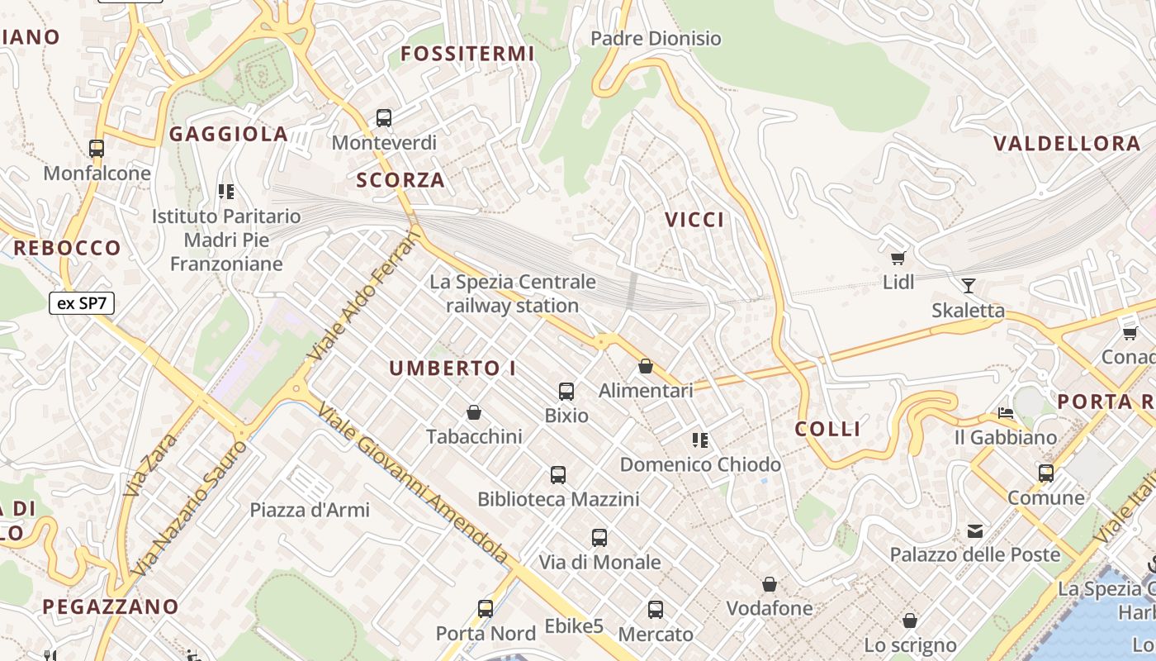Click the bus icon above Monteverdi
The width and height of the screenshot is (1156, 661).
[x=384, y=117]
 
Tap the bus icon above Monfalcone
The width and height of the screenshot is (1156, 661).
[x=97, y=149]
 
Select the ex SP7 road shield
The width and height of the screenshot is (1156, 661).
[x=81, y=303]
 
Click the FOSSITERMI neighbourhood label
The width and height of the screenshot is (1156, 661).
[x=467, y=55]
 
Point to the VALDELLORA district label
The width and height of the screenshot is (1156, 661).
[x=1067, y=144]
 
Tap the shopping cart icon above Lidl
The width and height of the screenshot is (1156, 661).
[x=898, y=258]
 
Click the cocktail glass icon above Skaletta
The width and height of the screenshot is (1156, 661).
[x=969, y=286]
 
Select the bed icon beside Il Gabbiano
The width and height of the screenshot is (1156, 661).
[x=1006, y=413]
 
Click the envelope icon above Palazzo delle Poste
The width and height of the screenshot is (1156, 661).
[x=975, y=530]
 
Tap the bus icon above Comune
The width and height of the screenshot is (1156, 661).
[x=1046, y=473]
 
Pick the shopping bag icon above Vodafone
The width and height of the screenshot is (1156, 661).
[x=770, y=585]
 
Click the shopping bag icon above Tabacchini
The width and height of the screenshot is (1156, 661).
[x=474, y=411]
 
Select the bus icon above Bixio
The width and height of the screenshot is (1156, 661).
[x=566, y=392]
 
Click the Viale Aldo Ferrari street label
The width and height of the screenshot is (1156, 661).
[x=364, y=297]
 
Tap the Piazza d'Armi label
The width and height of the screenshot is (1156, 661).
[x=310, y=510]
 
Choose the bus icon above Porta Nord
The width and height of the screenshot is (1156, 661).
[x=486, y=609]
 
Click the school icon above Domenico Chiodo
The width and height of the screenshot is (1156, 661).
[x=700, y=440]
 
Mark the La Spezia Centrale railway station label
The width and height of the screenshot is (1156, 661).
[x=512, y=293]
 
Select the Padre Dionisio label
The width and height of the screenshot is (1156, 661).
[x=656, y=39]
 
